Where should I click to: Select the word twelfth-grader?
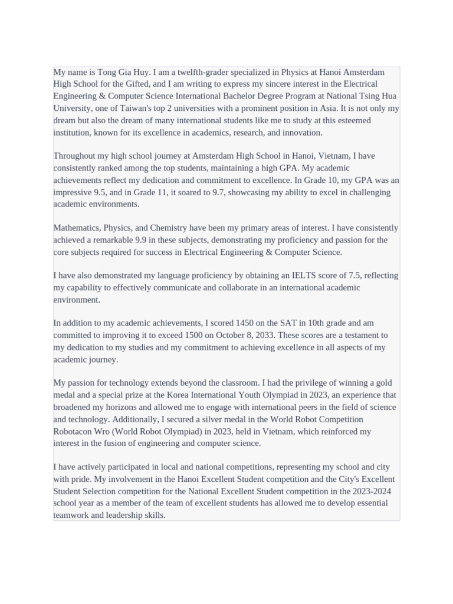(202, 72)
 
